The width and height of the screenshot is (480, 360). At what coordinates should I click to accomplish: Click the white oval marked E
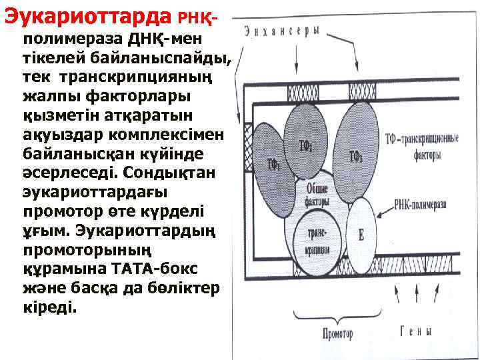pyautogui.click(x=361, y=235)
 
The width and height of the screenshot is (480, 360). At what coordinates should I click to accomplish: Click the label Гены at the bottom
pyautogui.click(x=415, y=331)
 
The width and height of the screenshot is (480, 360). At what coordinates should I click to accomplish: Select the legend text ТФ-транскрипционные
pyautogui.click(x=421, y=139)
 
